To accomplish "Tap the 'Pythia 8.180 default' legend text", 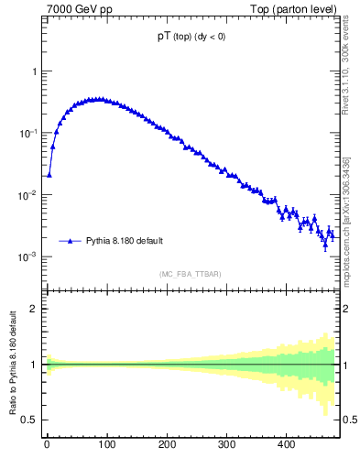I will [x=125, y=241].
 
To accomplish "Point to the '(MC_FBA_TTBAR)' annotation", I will [x=191, y=274].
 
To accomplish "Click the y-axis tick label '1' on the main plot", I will [x=34, y=71].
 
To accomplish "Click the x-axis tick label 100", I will [x=106, y=446].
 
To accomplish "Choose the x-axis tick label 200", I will [x=167, y=446].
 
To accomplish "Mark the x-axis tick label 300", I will [x=226, y=446].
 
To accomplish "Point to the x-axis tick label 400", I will [x=287, y=446].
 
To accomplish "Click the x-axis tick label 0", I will [x=47, y=446].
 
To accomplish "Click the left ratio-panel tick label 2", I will [x=34, y=309].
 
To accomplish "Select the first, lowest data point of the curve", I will [x=49, y=174].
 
